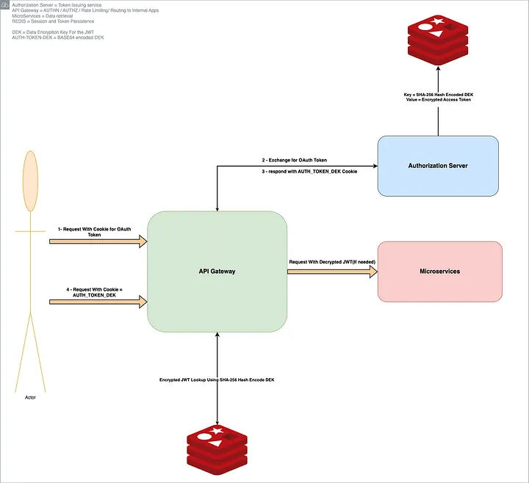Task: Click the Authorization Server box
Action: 438,166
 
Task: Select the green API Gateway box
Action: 217,272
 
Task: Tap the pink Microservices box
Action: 439,272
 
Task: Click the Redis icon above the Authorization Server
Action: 438,37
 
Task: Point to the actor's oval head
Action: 30,181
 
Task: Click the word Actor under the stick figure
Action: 29,397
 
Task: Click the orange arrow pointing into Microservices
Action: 331,272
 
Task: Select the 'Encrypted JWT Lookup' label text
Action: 218,380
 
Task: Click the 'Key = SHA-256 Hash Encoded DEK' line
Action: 438,94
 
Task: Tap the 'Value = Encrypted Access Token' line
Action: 438,100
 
